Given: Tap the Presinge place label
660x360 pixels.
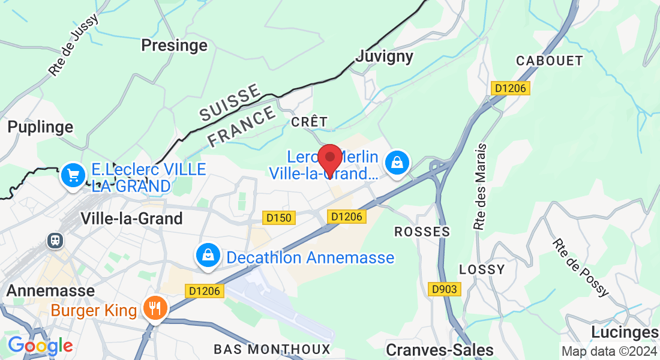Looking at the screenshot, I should point(174,45).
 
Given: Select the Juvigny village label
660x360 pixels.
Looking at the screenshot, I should point(385,56).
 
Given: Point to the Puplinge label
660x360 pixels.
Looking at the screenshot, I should point(40,127).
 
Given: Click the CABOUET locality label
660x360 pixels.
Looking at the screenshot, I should point(550,61).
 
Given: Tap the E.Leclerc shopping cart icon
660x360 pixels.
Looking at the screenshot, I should point(73,176).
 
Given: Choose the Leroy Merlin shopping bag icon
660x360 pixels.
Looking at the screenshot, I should point(397,161).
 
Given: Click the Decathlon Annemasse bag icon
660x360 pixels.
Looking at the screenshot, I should point(207,255).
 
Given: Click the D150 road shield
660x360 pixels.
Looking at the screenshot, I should point(278,217).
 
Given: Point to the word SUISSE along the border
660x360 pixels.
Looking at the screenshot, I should point(230,103).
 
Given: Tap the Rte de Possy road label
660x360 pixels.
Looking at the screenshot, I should point(581,268).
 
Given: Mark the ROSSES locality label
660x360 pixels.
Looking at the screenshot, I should point(421,232).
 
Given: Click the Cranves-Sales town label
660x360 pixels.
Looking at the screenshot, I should point(440,350).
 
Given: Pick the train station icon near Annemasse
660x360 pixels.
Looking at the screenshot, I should point(55,241).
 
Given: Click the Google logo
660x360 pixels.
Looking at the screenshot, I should point(40,346).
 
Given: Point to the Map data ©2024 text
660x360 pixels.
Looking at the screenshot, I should point(609,351).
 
